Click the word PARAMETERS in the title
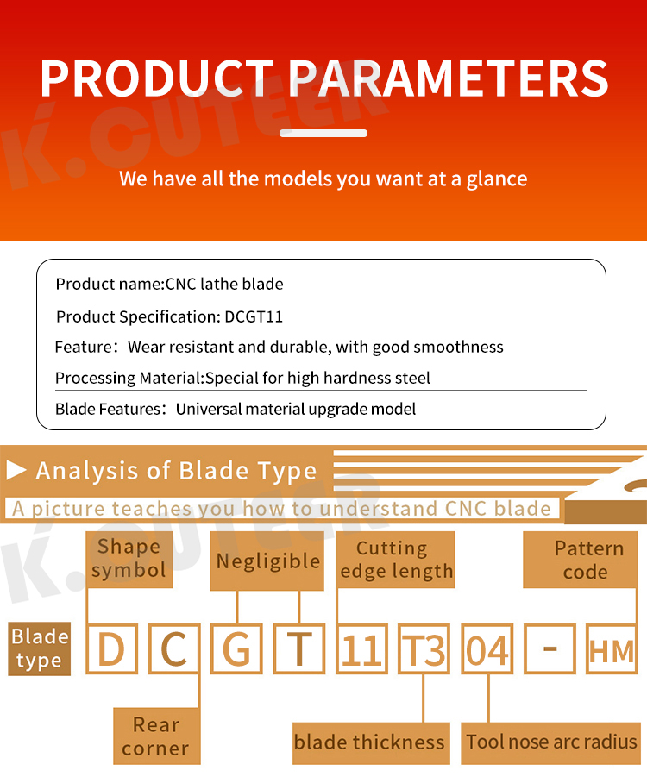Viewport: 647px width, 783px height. (x=448, y=78)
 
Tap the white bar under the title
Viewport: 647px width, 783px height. (x=323, y=134)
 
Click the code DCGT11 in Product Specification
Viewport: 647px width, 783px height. (x=254, y=316)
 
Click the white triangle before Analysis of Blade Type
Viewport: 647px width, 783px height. (x=16, y=470)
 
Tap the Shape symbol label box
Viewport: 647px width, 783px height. (x=129, y=560)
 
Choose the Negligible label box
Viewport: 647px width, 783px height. (x=267, y=561)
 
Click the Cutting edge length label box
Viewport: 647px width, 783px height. (x=395, y=560)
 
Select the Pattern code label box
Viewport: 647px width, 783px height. (x=581, y=560)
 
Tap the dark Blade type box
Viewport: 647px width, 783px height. (x=40, y=648)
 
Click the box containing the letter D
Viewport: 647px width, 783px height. (x=112, y=648)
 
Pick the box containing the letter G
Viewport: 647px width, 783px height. (x=236, y=648)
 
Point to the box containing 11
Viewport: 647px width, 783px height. (x=362, y=648)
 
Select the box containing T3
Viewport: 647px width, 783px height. (x=424, y=648)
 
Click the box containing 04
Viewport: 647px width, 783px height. (x=487, y=648)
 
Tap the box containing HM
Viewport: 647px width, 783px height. (x=612, y=648)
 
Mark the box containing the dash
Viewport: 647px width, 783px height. (x=550, y=648)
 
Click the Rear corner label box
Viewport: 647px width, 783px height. (x=157, y=736)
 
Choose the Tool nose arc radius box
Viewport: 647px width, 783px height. (x=550, y=743)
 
